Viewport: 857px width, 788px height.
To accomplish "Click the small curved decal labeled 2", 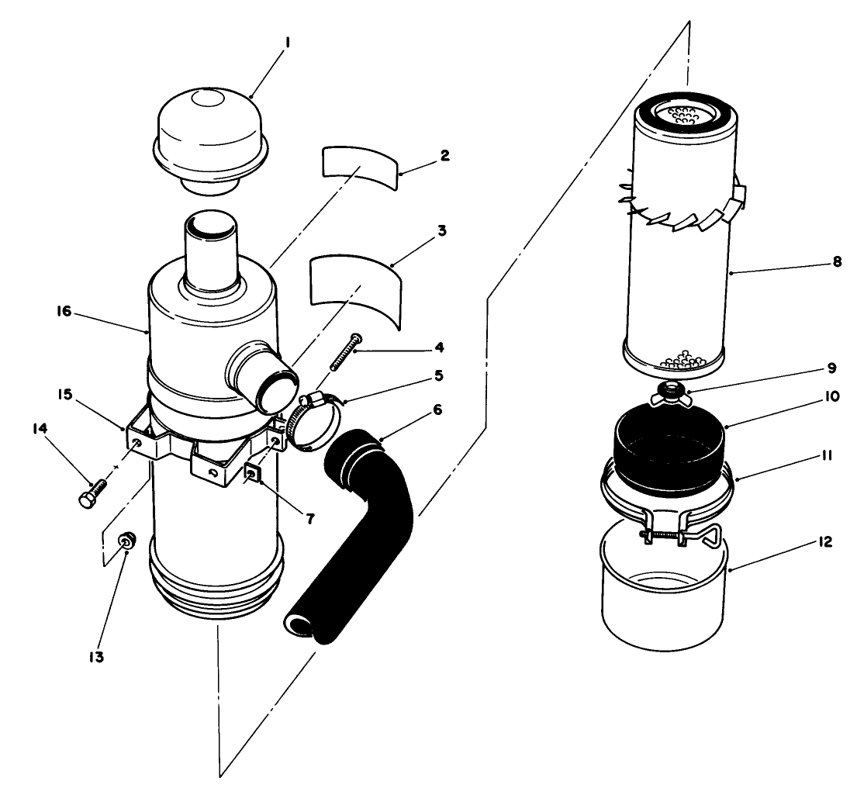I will pos(358,164).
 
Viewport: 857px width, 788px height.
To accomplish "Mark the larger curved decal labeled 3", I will pos(355,287).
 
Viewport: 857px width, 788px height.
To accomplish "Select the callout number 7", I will pos(309,519).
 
